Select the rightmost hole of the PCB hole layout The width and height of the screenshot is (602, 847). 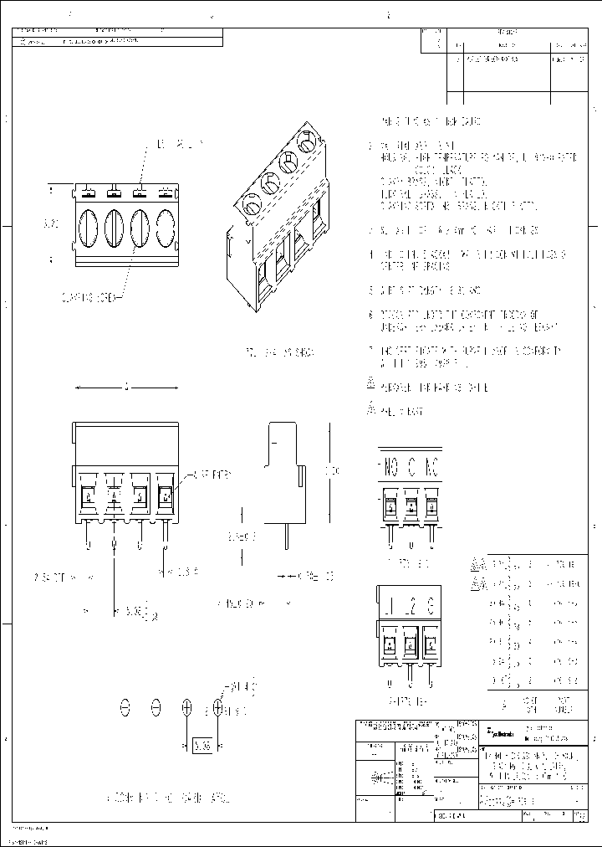tap(218, 708)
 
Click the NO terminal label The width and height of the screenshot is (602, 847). tap(390, 466)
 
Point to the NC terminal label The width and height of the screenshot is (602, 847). tap(431, 466)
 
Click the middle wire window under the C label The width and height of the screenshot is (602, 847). tap(411, 506)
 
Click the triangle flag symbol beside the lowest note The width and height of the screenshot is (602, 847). tap(371, 409)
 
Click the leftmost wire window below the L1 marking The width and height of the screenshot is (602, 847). tap(390, 644)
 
